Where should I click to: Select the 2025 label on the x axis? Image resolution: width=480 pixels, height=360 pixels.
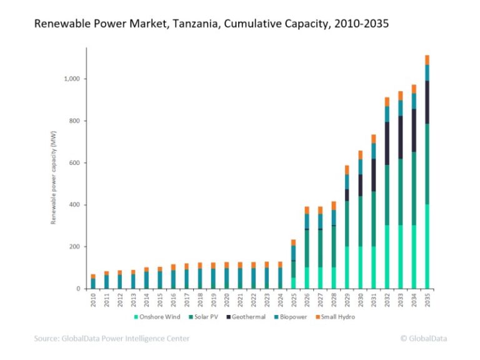(x=294, y=299)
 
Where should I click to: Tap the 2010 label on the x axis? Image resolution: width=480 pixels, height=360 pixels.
(x=93, y=299)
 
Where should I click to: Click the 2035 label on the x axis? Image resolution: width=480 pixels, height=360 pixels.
(x=427, y=299)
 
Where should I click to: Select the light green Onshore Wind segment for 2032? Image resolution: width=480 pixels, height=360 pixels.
(x=387, y=257)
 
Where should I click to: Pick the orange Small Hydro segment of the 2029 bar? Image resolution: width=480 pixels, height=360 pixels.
(x=347, y=169)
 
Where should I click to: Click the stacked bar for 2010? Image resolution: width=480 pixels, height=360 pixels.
(x=93, y=282)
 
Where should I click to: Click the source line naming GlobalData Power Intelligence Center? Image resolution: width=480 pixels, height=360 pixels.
(x=112, y=339)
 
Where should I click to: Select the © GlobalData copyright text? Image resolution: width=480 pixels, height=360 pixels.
(x=423, y=339)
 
